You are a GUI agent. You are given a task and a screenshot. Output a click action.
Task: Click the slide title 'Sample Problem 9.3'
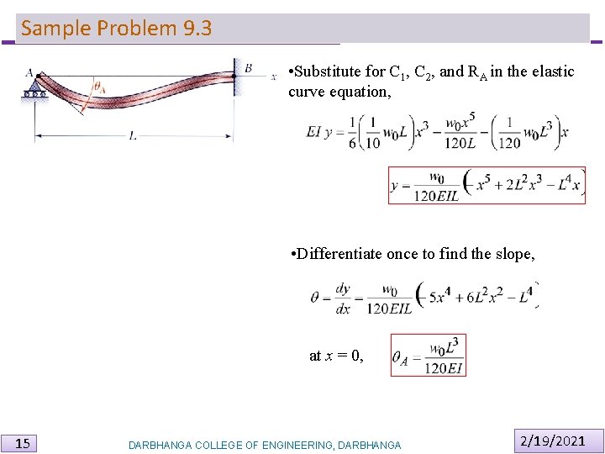pos(116,29)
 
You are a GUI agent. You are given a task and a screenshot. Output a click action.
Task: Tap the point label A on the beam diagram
pos(29,72)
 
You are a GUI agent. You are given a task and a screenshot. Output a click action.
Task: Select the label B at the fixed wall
pos(248,67)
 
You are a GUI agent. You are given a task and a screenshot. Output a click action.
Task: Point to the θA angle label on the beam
pos(100,86)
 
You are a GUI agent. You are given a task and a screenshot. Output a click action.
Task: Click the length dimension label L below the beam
pos(133,135)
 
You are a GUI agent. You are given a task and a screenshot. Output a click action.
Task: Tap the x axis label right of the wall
pos(274,77)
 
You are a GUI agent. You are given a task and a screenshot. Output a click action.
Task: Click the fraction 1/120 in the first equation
pos(509,133)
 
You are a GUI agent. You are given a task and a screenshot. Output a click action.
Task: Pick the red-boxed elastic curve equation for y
pos(487,186)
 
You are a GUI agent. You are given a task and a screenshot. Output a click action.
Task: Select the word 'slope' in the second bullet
pos(513,253)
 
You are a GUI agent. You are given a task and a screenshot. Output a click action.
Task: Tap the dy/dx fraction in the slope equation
pos(343,298)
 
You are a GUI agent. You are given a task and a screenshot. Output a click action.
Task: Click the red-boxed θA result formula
pos(428,356)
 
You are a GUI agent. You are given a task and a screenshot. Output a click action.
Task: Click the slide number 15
pos(24,443)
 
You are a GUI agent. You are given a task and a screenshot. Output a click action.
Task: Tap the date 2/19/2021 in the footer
pos(552,441)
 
